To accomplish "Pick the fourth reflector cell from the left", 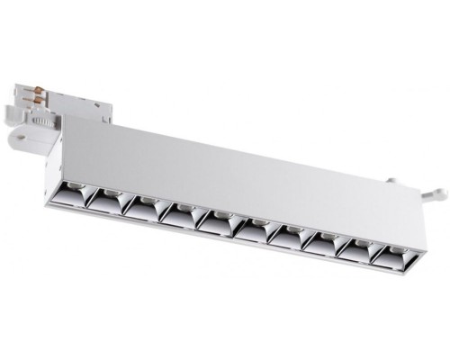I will point(179,214).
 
